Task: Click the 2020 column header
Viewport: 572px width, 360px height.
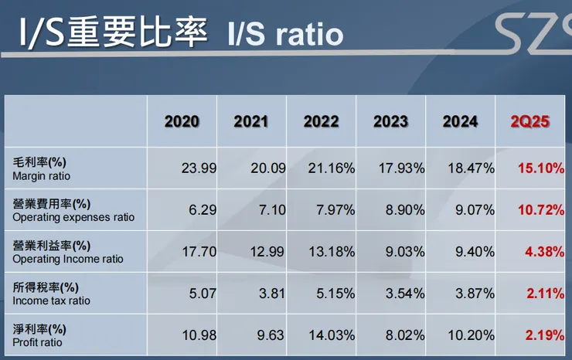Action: (182, 121)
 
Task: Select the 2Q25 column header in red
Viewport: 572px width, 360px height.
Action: (529, 121)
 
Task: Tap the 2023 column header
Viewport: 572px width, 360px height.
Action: (390, 121)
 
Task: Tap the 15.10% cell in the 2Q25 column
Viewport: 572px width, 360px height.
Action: (540, 168)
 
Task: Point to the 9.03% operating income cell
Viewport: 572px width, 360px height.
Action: (402, 252)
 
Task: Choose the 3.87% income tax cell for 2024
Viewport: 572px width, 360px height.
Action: (472, 294)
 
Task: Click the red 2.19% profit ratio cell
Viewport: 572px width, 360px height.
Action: (543, 335)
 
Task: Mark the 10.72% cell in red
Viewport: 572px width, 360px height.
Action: (540, 210)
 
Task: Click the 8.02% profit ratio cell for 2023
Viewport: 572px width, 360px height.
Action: (402, 335)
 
